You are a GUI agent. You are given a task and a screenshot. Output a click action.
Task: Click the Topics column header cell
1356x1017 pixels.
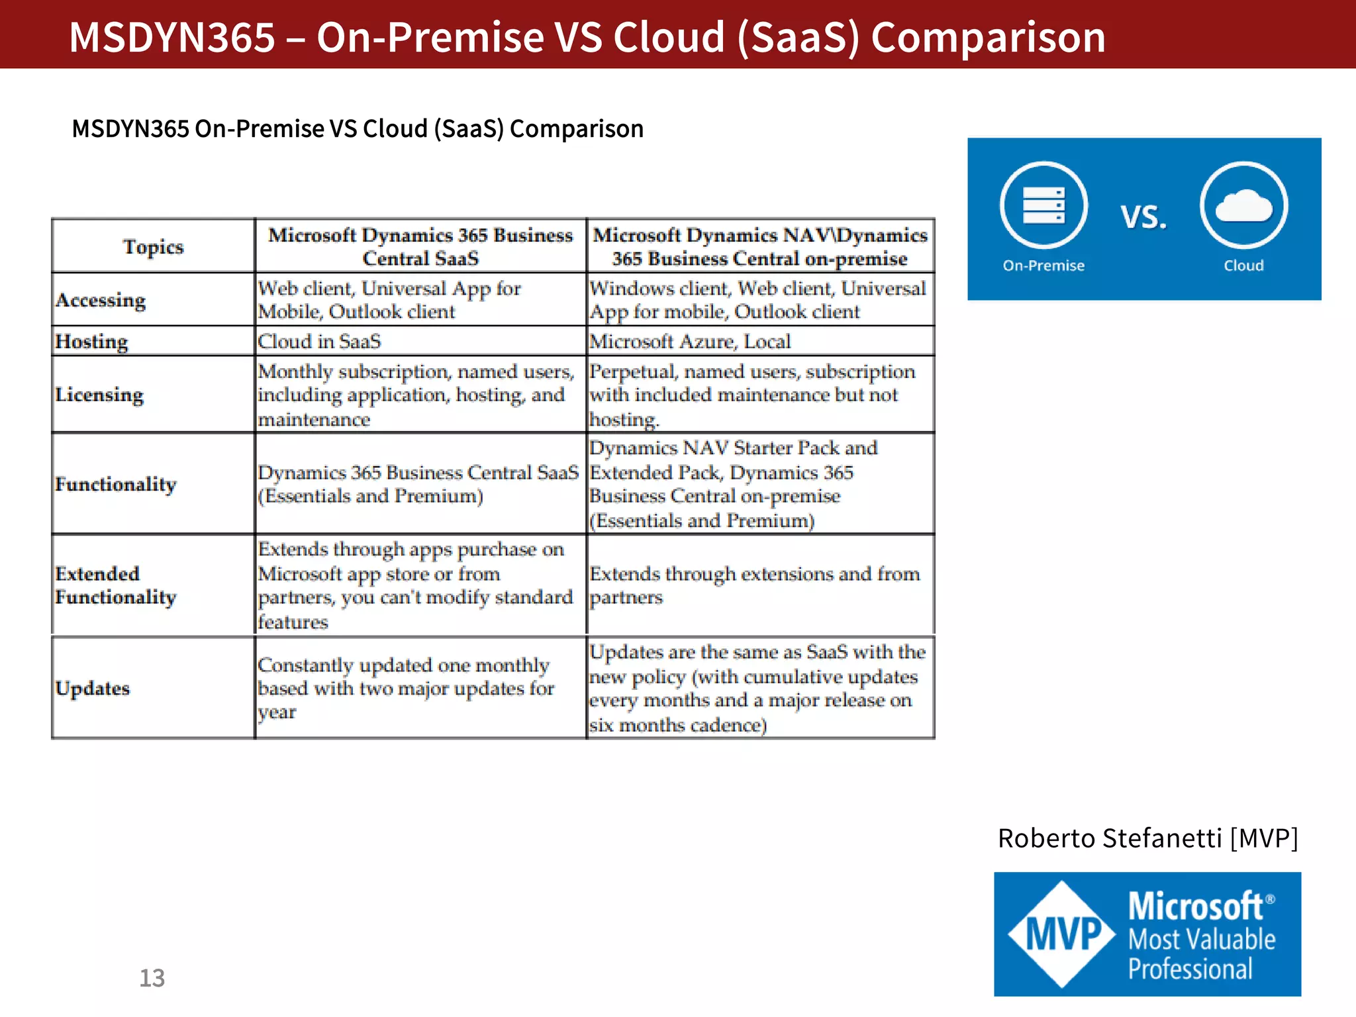tap(153, 246)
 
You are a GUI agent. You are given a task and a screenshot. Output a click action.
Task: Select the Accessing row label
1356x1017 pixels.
tap(101, 300)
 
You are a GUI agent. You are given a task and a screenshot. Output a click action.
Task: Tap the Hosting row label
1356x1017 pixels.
tap(91, 342)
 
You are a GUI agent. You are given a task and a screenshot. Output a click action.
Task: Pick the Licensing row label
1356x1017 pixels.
tap(99, 395)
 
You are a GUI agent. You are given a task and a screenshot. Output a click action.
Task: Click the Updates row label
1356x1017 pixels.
tap(93, 689)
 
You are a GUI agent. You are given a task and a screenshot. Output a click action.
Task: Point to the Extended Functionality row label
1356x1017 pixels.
tap(116, 585)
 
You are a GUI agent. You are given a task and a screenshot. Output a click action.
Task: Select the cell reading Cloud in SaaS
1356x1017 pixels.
tap(319, 342)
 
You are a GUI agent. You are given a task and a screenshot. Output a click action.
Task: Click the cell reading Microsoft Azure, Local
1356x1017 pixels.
tap(690, 342)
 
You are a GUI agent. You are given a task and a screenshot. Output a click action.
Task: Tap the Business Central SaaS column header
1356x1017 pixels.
tap(420, 246)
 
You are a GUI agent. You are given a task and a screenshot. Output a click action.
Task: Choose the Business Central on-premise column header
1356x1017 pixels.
tap(760, 246)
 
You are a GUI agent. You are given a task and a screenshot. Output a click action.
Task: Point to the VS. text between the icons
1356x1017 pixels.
tap(1143, 217)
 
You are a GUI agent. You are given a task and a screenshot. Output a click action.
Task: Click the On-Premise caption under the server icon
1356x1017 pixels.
tap(1043, 266)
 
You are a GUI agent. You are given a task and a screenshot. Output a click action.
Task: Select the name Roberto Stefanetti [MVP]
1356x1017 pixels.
tap(1147, 838)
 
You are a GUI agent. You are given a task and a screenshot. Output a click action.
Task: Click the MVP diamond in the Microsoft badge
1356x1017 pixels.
tap(1063, 934)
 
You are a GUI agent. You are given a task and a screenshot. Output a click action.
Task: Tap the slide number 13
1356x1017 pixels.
tap(152, 978)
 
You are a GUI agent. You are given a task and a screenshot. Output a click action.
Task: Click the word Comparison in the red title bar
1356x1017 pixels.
tap(988, 37)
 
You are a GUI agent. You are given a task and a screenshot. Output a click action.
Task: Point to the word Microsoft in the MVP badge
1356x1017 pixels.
tap(1196, 906)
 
